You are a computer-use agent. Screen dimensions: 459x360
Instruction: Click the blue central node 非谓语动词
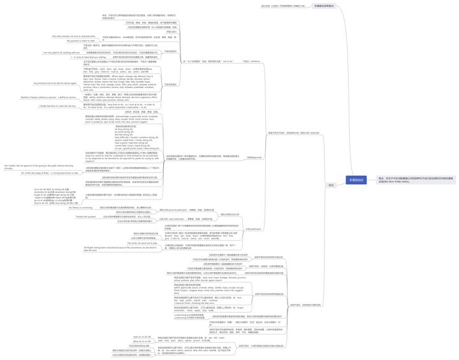pos(356,180)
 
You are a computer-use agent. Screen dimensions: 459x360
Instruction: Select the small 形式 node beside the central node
pos(331,185)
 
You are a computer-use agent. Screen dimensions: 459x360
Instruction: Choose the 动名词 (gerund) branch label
pos(254,157)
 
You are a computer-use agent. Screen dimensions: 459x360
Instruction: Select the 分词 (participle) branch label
pos(253,229)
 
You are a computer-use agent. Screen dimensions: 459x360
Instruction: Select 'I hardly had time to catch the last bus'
pos(58,106)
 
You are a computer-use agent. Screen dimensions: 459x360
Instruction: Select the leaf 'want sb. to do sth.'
pos(142,336)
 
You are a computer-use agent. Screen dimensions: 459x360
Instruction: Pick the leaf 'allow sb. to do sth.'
pos(142,342)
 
